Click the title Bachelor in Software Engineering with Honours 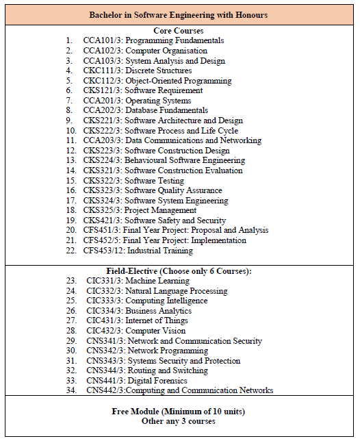(x=179, y=15)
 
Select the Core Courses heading (x=179, y=31)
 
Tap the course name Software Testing (x=155, y=181)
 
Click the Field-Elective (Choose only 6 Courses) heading (x=179, y=271)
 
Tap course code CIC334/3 (x=104, y=311)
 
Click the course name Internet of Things (x=157, y=320)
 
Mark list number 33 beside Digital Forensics (x=71, y=381)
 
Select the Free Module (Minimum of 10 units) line (x=179, y=412)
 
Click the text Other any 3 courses (x=179, y=421)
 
